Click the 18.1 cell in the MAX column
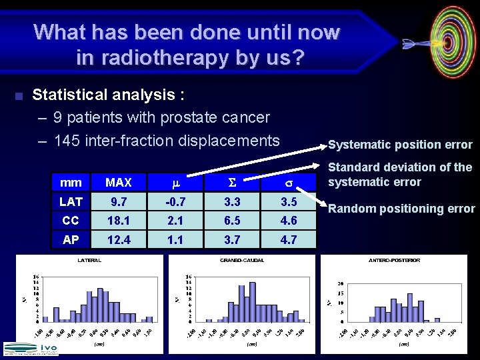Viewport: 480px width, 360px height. pyautogui.click(x=119, y=221)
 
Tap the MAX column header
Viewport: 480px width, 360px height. pyautogui.click(x=119, y=182)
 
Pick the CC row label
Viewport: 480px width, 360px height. pyautogui.click(x=71, y=221)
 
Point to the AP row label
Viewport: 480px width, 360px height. pyautogui.click(x=71, y=240)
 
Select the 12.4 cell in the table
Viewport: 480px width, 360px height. pyautogui.click(x=119, y=240)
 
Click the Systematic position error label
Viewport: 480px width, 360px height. pyautogui.click(x=400, y=145)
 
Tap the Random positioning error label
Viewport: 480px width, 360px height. pyautogui.click(x=401, y=209)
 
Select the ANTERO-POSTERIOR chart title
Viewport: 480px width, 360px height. pyautogui.click(x=394, y=260)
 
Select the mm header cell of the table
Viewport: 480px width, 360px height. pyautogui.click(x=71, y=182)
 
